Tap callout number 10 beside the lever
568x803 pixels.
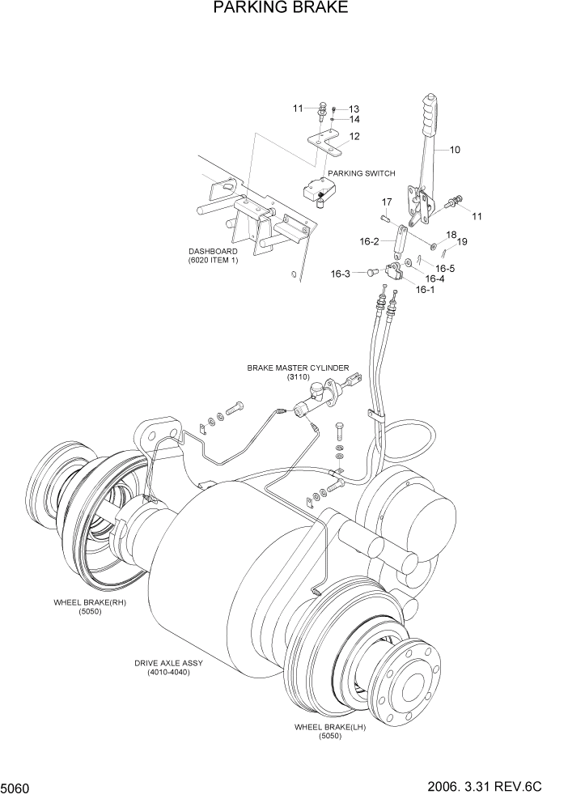454,149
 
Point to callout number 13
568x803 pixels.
354,109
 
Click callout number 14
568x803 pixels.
354,120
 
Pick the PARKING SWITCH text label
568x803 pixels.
362,173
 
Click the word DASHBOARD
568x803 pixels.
214,251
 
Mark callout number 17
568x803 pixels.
387,202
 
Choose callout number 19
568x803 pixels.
462,241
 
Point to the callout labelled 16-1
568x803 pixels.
425,289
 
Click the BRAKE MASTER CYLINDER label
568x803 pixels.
298,368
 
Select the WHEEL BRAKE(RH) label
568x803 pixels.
90,603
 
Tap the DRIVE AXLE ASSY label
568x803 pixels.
168,663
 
